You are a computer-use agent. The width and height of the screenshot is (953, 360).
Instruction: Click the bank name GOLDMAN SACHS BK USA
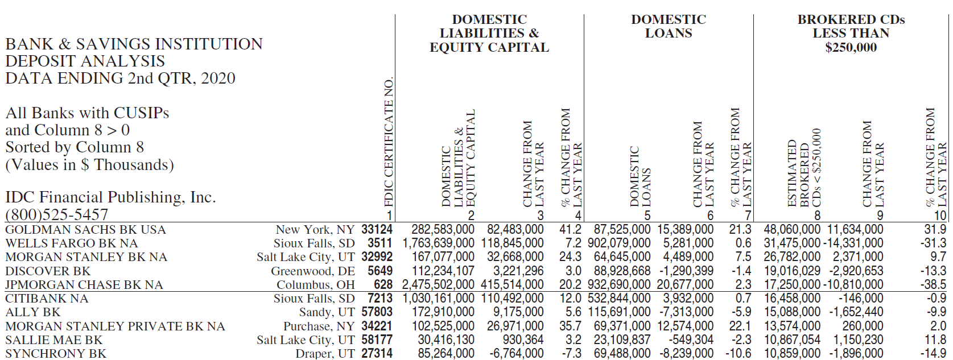point(85,230)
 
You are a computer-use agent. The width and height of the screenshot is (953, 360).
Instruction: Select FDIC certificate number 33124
point(377,230)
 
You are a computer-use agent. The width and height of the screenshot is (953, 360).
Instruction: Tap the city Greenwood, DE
point(313,271)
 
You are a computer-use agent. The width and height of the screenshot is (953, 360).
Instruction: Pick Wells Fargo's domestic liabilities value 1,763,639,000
point(438,243)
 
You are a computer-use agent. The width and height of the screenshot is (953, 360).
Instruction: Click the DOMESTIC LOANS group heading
point(669,26)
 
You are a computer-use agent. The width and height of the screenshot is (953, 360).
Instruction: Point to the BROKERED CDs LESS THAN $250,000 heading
point(851,33)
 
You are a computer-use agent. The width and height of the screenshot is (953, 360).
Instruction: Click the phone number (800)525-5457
point(56,214)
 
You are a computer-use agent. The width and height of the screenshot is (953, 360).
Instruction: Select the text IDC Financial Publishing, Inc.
point(110,197)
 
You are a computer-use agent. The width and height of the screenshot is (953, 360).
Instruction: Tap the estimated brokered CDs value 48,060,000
point(792,230)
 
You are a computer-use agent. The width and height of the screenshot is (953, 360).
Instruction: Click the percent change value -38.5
point(935,284)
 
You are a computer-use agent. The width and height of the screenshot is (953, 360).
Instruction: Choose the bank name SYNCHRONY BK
point(56,354)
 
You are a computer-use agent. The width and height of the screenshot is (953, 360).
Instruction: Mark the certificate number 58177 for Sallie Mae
point(377,340)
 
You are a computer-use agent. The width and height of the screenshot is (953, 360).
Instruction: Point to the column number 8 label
point(817,216)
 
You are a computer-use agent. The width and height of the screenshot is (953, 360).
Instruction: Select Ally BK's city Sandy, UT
point(327,312)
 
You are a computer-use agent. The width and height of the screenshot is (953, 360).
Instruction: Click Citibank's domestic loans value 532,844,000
point(619,299)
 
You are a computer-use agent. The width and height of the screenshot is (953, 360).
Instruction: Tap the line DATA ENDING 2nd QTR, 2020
point(120,78)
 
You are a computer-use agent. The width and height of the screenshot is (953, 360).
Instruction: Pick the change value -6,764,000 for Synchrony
point(516,354)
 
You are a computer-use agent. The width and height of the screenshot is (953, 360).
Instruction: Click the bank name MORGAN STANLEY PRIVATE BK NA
point(115,326)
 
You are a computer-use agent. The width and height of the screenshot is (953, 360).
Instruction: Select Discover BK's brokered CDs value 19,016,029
point(792,271)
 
